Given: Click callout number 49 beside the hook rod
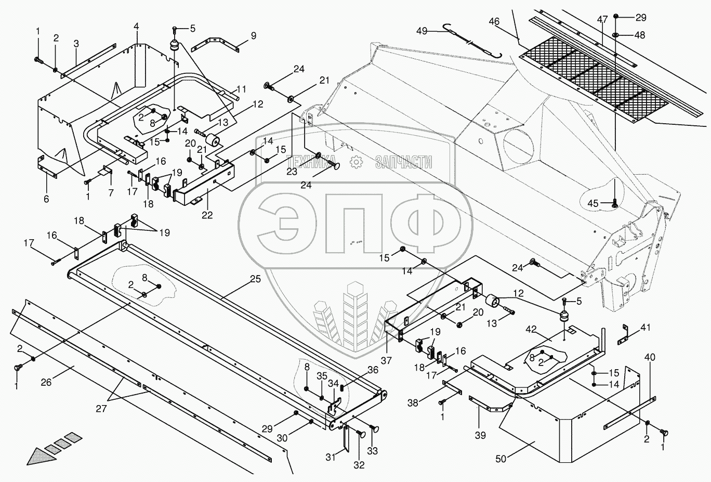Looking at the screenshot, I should pos(422,31).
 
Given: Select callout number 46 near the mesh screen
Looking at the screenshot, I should pos(494,21).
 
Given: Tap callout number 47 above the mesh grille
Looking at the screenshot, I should pos(602,20).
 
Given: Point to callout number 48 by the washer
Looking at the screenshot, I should pos(640,35).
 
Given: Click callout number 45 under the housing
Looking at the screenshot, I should pos(592,203).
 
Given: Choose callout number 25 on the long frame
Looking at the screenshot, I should pos(255,279).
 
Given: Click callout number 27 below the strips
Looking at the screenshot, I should pos(101,409).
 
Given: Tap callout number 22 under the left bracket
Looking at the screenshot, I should pos(207,215).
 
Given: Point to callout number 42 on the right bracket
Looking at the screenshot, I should pos(530,329).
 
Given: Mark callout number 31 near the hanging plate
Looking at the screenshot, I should pos(331,457).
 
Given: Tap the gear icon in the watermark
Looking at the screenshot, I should pos(357,162).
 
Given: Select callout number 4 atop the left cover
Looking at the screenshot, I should pos(136,25).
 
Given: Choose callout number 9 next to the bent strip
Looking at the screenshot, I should pos(253,36).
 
